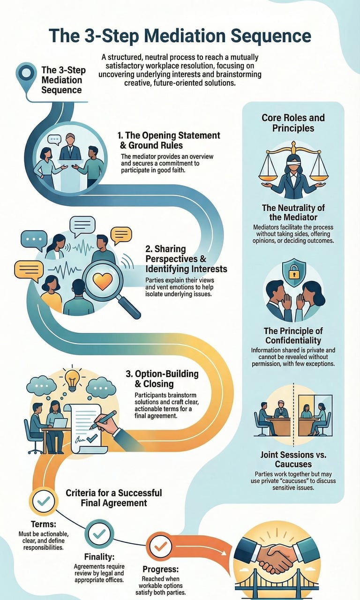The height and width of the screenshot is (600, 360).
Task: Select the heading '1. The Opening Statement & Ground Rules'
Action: pos(169,141)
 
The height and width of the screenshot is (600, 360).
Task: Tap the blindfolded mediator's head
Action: pos(293,159)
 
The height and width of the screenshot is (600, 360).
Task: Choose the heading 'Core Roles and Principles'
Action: pos(293,122)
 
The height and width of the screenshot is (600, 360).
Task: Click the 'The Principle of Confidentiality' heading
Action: pos(293,336)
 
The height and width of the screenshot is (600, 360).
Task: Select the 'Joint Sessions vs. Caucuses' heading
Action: pos(293,459)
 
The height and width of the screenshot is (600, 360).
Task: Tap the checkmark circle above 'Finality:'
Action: pos(99,533)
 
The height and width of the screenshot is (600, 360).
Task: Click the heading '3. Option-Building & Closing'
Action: pos(162,379)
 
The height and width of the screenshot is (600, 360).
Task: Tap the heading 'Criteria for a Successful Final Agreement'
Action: pos(113,498)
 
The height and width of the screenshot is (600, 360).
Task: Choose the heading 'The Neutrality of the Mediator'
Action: pos(293,212)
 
